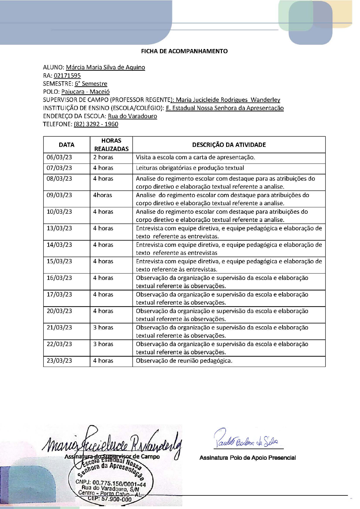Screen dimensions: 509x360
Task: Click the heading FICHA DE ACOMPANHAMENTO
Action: [x=184, y=51]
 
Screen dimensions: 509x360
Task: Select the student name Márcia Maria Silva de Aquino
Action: [x=105, y=67]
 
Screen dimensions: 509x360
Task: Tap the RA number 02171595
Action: [x=67, y=76]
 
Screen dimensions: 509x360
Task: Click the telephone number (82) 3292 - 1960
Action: [x=96, y=124]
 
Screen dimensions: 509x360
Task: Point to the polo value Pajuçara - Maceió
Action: [x=85, y=92]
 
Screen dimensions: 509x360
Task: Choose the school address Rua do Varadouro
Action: [x=132, y=116]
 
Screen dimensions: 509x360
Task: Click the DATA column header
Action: [x=66, y=145]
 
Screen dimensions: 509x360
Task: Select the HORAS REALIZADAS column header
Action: [x=111, y=145]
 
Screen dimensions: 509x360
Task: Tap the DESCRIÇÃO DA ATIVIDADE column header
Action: [x=229, y=145]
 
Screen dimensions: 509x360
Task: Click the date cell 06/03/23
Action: [x=59, y=157]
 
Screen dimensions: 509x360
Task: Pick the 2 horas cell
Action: [x=103, y=157]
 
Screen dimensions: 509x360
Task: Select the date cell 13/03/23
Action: [x=59, y=228]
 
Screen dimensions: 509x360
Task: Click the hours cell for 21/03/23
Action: [x=103, y=327]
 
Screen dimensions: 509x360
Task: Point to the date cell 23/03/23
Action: [x=59, y=361]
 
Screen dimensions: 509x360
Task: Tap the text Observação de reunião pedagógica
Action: [x=184, y=361]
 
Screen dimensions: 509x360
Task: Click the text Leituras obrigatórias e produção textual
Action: [x=190, y=168]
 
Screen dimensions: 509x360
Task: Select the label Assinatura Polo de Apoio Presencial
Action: [x=248, y=458]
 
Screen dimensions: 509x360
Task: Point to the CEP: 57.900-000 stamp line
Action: [x=110, y=499]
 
